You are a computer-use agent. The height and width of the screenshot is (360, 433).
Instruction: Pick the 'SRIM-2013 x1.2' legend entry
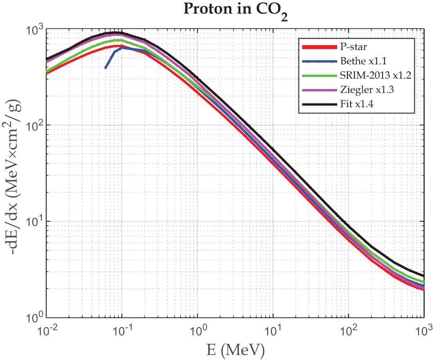[373, 75]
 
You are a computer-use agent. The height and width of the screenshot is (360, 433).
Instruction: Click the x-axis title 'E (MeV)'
[234, 348]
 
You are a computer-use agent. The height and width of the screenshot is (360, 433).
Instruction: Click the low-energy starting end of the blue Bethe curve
[105, 68]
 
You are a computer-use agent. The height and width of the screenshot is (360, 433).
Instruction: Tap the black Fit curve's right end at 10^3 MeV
[424, 276]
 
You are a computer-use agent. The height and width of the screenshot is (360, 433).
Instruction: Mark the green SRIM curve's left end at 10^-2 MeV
[46, 71]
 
